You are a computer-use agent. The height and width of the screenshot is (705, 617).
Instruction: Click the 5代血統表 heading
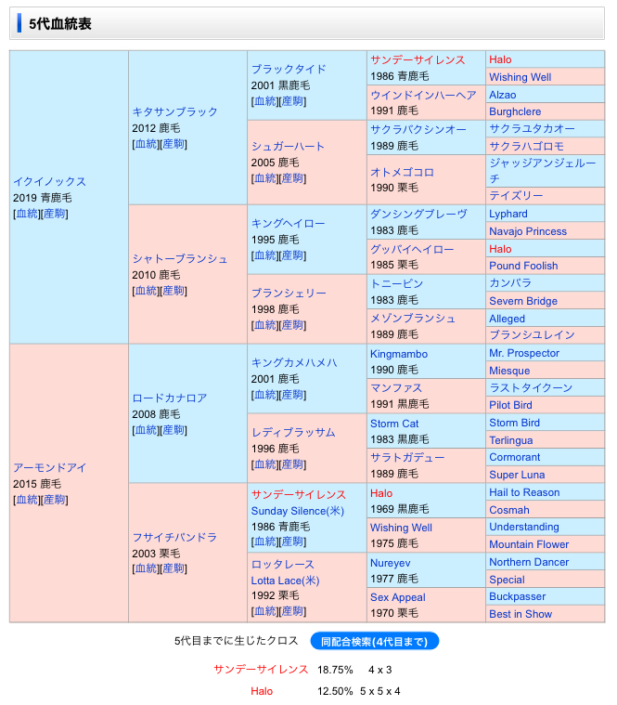60,23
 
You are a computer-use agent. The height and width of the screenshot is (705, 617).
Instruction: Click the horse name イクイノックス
49,182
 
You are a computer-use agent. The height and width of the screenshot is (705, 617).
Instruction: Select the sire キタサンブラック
174,111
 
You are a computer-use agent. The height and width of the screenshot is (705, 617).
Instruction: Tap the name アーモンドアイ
49,467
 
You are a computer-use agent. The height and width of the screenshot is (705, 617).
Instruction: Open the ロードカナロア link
169,398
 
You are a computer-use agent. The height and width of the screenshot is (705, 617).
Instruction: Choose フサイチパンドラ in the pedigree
174,537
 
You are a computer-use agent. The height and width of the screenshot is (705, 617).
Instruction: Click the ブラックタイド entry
289,69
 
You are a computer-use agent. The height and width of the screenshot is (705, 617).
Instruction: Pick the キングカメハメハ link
294,362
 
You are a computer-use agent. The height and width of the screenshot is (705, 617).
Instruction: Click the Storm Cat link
394,424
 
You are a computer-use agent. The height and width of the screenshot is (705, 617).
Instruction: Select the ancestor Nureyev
391,563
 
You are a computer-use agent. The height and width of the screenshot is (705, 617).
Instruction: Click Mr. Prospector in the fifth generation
524,353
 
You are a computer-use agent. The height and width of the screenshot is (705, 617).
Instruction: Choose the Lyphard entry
508,214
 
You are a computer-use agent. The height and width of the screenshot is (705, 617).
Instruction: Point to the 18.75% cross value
335,669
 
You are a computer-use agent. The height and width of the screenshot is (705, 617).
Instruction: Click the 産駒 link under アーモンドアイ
55,500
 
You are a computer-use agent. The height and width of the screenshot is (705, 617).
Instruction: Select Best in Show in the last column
521,614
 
